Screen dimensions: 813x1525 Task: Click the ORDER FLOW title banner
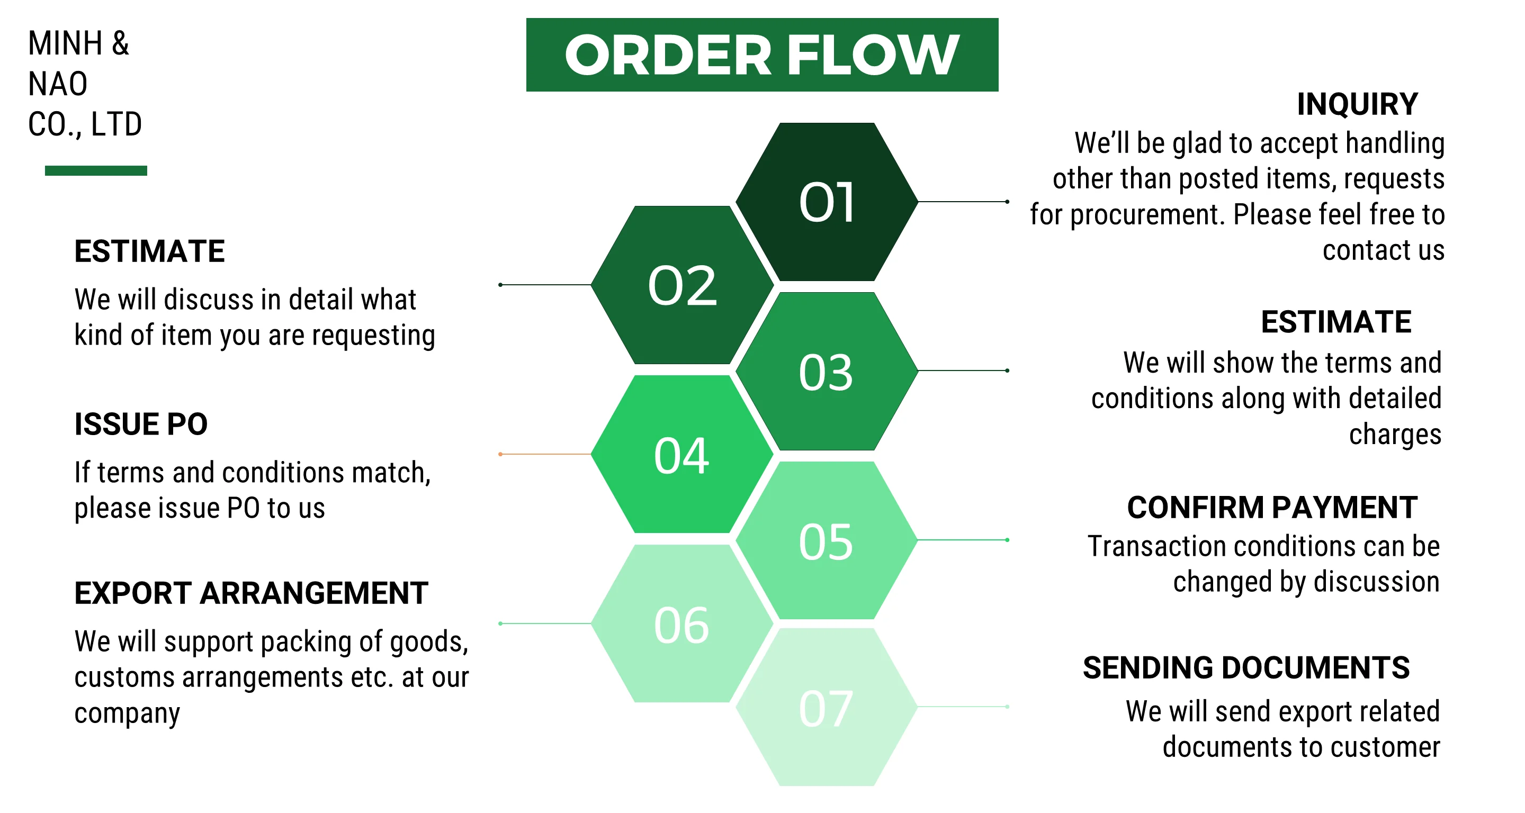coord(762,55)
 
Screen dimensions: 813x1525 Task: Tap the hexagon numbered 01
coord(827,202)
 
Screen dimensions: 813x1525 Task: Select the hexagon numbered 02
coord(682,285)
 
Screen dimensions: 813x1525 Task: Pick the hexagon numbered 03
coord(827,372)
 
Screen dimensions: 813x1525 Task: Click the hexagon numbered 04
coord(682,455)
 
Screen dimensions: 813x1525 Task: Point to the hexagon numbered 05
coord(827,541)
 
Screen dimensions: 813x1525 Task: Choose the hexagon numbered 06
coord(682,624)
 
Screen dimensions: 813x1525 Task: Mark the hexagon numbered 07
coord(827,708)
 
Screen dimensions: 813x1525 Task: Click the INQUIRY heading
coord(1357,104)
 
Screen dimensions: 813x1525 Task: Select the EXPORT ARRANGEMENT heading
coord(251,593)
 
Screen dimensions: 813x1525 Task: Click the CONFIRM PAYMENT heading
coord(1271,507)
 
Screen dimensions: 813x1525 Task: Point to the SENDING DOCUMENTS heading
coord(1246,667)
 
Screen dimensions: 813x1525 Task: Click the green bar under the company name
coord(96,170)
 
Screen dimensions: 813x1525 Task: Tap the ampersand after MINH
coord(120,43)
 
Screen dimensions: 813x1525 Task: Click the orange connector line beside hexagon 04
coord(545,454)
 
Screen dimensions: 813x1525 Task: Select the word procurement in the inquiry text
coord(1147,214)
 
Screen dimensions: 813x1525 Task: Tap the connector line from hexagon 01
coord(963,202)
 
